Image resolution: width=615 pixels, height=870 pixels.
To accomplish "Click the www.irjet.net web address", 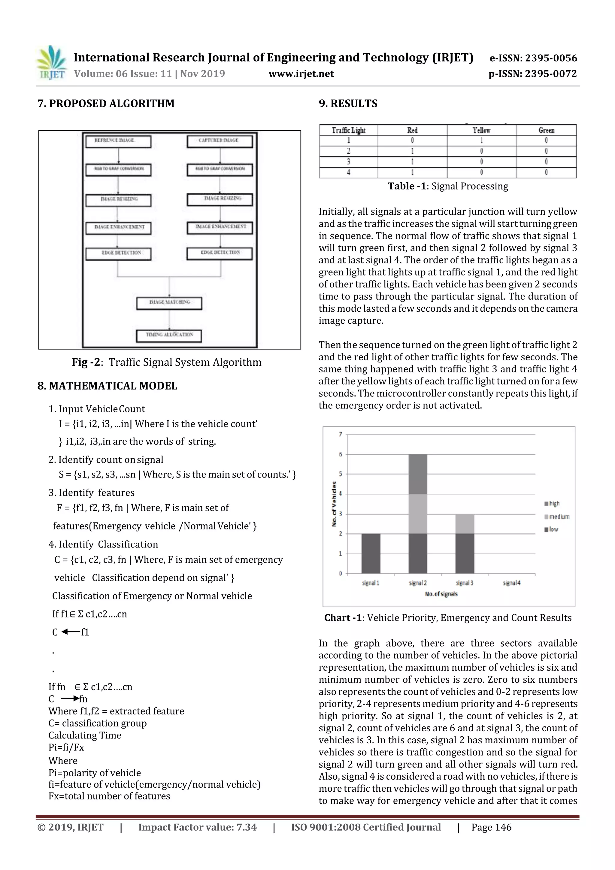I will tap(301, 74).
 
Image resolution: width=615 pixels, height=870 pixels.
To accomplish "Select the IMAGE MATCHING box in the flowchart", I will tap(169, 303).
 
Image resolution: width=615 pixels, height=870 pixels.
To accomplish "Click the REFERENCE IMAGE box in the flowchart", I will tap(118, 141).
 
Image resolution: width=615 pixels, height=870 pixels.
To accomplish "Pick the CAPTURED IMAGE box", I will tap(220, 141).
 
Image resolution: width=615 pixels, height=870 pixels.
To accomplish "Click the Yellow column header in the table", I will tap(482, 130).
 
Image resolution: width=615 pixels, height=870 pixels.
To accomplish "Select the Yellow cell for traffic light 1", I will tap(482, 141).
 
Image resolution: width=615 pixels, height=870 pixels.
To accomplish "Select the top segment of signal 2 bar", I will tap(418, 474).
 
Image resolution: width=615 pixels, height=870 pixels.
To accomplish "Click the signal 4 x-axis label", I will tap(512, 583).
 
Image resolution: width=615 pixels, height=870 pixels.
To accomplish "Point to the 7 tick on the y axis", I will tap(340, 434).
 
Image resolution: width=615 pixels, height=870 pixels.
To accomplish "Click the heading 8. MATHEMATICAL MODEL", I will tap(107, 386).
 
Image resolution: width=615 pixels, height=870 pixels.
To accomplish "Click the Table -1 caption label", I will tap(407, 186).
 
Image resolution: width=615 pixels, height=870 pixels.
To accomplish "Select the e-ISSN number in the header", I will tap(533, 58).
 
